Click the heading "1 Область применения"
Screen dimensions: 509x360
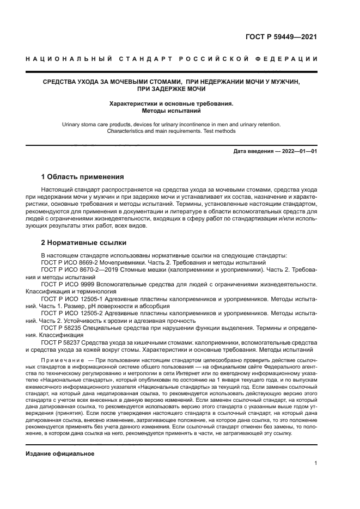[x=83, y=177]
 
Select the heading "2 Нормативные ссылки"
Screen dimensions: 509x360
[x=84, y=243]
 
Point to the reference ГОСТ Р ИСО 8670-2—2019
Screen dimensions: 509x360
[x=76, y=269]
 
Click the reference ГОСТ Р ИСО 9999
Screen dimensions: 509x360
[x=64, y=284]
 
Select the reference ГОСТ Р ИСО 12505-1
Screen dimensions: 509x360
[x=68, y=299]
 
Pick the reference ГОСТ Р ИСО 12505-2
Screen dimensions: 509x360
[x=68, y=314]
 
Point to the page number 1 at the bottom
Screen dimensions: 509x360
[x=316, y=463]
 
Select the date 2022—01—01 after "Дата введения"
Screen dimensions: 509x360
[x=297, y=151]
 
